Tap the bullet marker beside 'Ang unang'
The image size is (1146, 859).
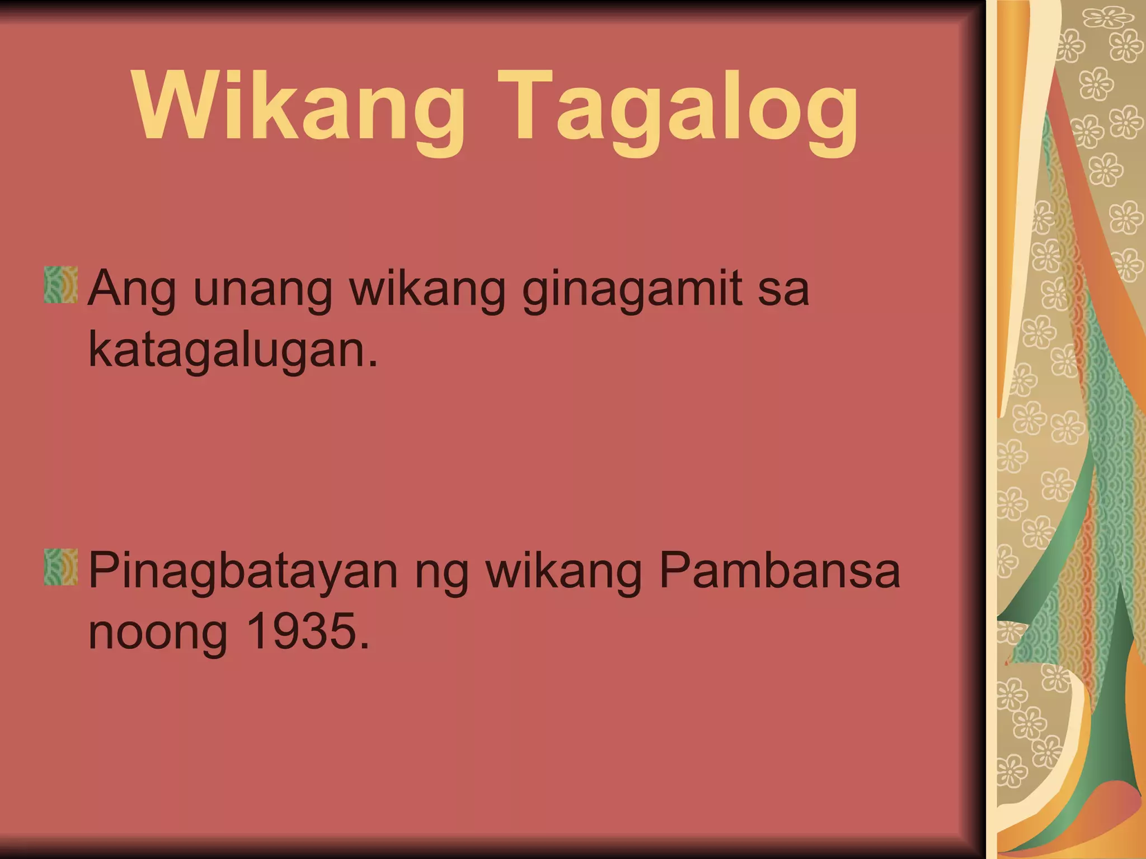coord(61,285)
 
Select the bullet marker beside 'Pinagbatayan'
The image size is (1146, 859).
coord(61,567)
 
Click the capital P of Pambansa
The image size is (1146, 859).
coord(674,570)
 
